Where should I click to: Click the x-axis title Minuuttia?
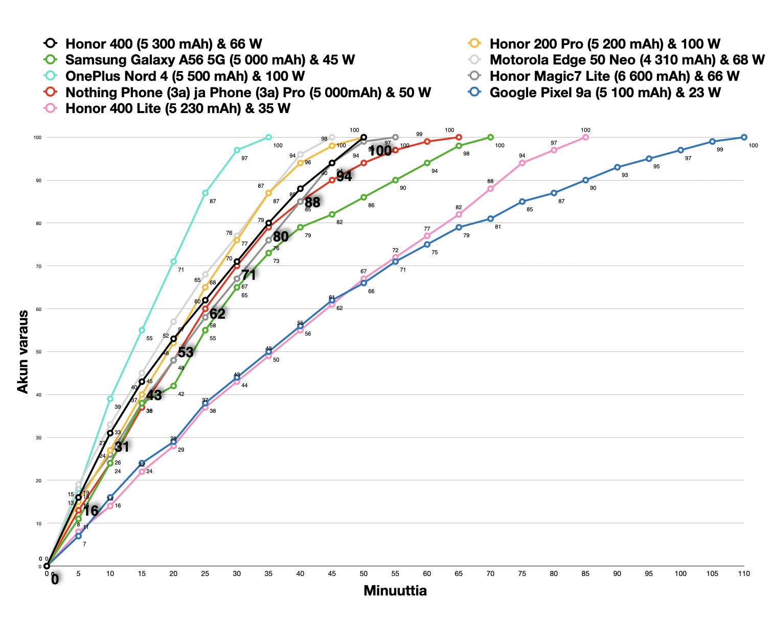(x=395, y=591)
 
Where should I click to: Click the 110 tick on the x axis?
(x=744, y=573)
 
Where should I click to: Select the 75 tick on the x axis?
(x=522, y=573)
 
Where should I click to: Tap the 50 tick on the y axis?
(x=37, y=352)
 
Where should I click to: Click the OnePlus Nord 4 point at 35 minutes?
(x=268, y=137)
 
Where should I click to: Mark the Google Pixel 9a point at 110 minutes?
(x=744, y=137)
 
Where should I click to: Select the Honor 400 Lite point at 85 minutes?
(x=585, y=137)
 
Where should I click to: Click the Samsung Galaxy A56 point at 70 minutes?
(x=490, y=137)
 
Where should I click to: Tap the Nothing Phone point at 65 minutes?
(x=459, y=137)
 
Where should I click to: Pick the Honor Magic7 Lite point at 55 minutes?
(x=395, y=137)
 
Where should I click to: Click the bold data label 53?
(x=186, y=352)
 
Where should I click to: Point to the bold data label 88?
(x=312, y=203)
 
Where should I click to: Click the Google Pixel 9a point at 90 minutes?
(x=617, y=167)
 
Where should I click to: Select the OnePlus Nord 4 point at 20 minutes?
(x=173, y=261)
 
